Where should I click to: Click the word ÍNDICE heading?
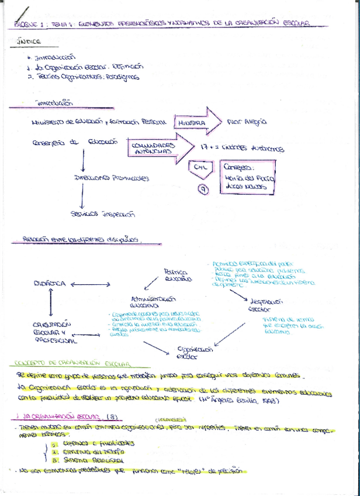[29, 42]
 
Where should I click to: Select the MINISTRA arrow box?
[191, 123]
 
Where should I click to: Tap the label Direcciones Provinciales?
[111, 178]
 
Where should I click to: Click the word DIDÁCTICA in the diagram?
[51, 283]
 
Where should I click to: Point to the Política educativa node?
[178, 275]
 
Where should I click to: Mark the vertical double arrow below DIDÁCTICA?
[51, 302]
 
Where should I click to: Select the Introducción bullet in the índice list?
[55, 57]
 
